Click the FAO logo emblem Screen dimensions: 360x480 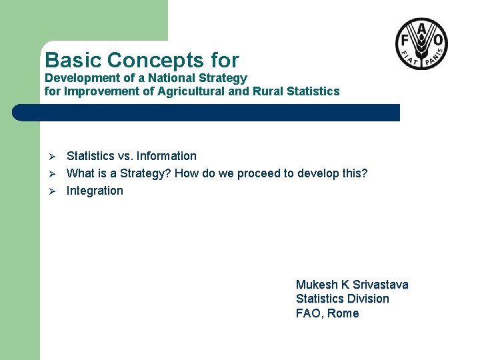pyautogui.click(x=421, y=44)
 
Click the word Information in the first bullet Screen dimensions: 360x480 pyautogui.click(x=167, y=156)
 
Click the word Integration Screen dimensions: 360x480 pyautogui.click(x=95, y=191)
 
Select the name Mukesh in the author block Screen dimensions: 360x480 pyautogui.click(x=317, y=285)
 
